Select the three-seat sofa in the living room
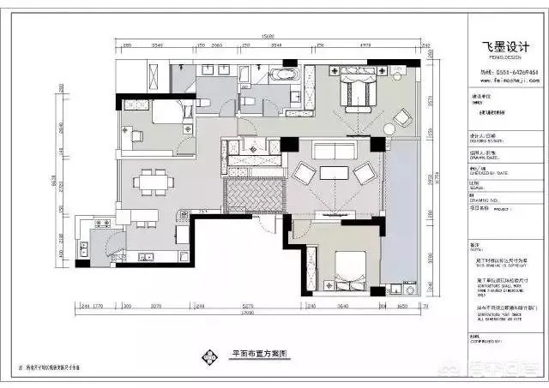coord(334,152)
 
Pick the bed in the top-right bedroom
coord(356,90)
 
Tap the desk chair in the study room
coord(136,136)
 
